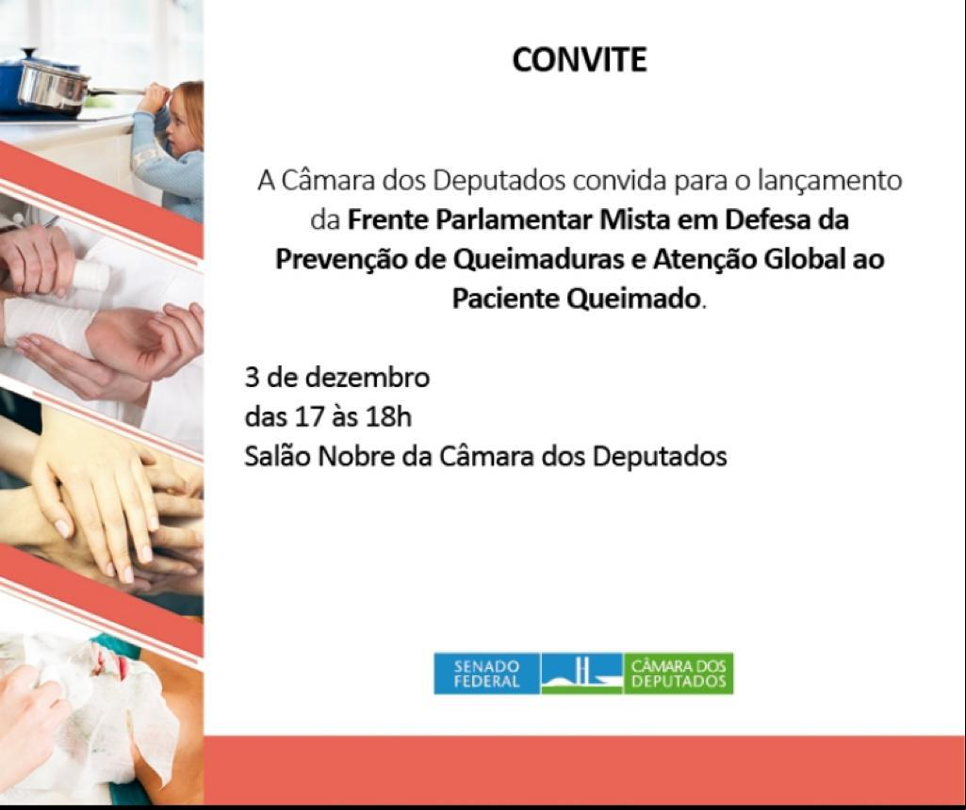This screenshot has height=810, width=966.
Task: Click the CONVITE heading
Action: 580,59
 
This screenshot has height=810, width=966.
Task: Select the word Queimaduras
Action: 538,259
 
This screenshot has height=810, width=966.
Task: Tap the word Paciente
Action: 505,299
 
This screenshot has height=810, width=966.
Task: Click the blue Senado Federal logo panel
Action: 486,673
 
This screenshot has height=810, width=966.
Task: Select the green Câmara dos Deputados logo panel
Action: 679,673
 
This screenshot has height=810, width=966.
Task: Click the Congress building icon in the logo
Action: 581,673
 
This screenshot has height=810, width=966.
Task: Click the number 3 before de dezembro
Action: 252,378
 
